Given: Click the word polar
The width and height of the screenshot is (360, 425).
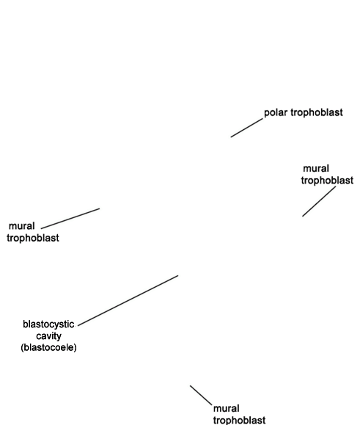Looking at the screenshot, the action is pyautogui.click(x=276, y=112).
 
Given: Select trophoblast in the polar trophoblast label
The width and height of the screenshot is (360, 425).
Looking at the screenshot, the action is pyautogui.click(x=317, y=112).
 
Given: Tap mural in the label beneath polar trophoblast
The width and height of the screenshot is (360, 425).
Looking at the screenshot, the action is pyautogui.click(x=316, y=168).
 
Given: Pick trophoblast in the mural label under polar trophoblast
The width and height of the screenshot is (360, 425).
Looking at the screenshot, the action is pyautogui.click(x=327, y=181).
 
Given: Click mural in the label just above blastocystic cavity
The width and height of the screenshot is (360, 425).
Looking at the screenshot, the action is pyautogui.click(x=22, y=226).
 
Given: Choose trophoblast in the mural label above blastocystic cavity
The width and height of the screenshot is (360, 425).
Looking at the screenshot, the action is pyautogui.click(x=33, y=238).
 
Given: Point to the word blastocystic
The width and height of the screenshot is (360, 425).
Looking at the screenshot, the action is pyautogui.click(x=48, y=324).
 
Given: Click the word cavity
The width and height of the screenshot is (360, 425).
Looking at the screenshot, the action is pyautogui.click(x=48, y=336).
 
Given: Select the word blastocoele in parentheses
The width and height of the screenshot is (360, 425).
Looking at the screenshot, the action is pyautogui.click(x=48, y=347).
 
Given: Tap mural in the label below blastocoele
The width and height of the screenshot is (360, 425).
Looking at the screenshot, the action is pyautogui.click(x=227, y=408).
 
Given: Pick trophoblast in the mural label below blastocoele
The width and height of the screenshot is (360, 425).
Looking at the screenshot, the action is pyautogui.click(x=239, y=420).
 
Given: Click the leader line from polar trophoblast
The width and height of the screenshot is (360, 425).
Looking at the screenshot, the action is pyautogui.click(x=247, y=128).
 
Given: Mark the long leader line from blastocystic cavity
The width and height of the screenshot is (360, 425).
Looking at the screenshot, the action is pyautogui.click(x=128, y=300).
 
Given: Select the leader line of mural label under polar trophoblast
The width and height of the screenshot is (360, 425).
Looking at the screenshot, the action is pyautogui.click(x=319, y=201).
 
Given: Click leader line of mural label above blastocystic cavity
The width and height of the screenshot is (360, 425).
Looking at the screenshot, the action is pyautogui.click(x=70, y=219).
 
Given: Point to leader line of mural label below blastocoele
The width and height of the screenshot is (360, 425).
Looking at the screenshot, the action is pyautogui.click(x=201, y=395).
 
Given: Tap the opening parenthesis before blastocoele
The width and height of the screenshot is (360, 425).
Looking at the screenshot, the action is pyautogui.click(x=22, y=347).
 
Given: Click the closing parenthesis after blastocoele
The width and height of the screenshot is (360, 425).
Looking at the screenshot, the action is pyautogui.click(x=76, y=347).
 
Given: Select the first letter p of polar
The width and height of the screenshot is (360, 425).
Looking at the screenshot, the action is pyautogui.click(x=266, y=113).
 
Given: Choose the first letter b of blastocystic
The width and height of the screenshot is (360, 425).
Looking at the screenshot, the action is pyautogui.click(x=25, y=324).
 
